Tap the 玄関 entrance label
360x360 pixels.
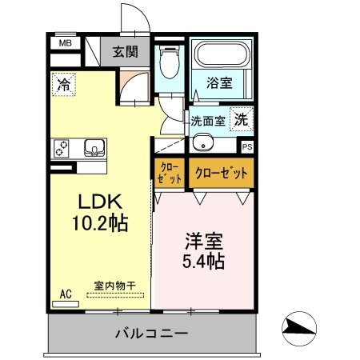(125, 54)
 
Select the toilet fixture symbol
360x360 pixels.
(170, 61)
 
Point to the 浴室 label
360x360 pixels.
(221, 82)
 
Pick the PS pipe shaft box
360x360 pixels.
(246, 146)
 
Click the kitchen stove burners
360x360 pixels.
(62, 148)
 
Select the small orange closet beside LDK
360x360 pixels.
(169, 173)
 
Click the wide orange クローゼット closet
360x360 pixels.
(220, 172)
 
